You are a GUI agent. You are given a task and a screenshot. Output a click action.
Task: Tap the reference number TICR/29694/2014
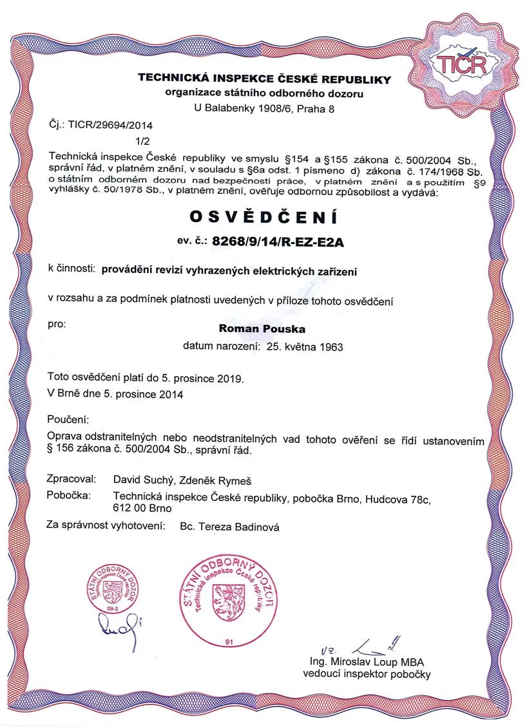[x=112, y=125]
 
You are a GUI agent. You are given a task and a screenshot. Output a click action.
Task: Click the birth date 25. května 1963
[x=301, y=346]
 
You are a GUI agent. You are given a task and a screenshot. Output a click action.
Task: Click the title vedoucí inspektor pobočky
[x=367, y=674]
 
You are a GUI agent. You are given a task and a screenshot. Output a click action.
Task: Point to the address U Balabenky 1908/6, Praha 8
[x=265, y=109]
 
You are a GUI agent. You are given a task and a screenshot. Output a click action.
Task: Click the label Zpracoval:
[x=72, y=480]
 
